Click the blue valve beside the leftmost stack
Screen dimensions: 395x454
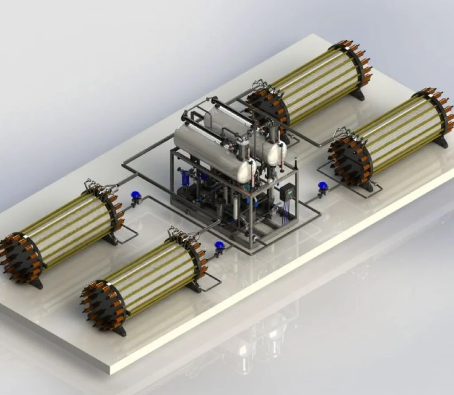coord(133,196)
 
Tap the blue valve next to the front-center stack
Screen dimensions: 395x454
coord(219,246)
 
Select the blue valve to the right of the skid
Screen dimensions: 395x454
coord(323,186)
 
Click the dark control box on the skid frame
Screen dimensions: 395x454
coord(287,192)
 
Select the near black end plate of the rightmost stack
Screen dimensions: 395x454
coord(350,160)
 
